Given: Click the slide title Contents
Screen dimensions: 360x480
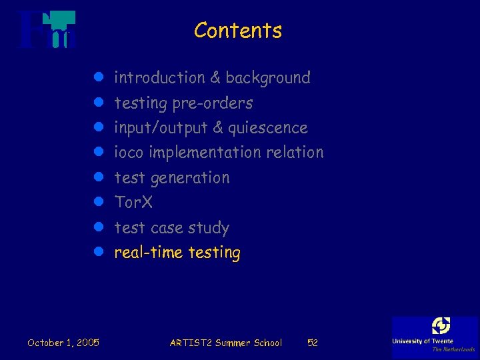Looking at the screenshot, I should pos(238,31).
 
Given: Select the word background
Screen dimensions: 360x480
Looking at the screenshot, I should pos(268,78).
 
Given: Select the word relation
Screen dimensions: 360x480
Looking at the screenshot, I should pos(295,153).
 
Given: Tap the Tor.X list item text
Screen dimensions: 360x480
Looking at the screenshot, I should pos(133,202).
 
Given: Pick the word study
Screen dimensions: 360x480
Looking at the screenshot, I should pos(207,228).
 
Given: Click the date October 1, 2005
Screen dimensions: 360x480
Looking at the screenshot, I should pos(63,343).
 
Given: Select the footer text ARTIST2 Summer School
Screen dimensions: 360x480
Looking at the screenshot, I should pos(226,343).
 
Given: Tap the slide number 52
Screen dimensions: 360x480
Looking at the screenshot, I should pos(312,343).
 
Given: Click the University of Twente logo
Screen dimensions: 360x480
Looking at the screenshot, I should pos(435,335).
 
